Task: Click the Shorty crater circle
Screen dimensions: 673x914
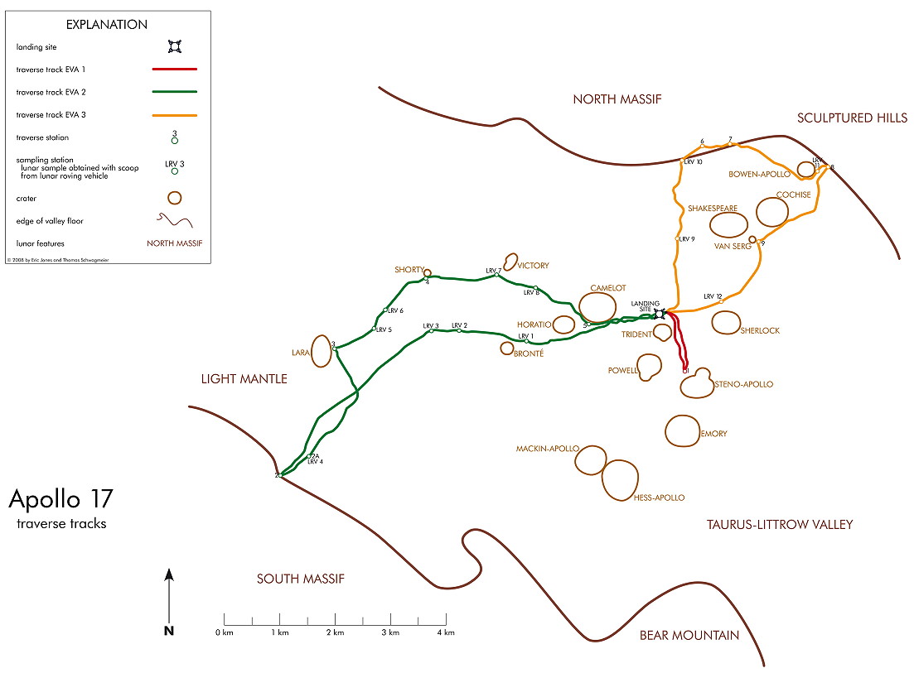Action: pos(428,272)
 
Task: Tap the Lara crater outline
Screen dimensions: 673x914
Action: pos(322,350)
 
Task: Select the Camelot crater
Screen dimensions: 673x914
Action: pos(598,307)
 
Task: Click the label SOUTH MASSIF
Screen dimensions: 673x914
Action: pos(300,579)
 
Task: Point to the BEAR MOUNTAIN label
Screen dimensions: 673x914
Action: pos(689,636)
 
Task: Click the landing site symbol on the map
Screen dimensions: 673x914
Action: pos(660,313)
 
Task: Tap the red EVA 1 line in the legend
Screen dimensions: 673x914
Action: pos(174,70)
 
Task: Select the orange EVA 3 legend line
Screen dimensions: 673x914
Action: pos(174,115)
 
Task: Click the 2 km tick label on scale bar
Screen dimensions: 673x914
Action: pos(335,632)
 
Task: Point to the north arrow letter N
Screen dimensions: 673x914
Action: pos(168,631)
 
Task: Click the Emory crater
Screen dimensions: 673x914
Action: pos(683,430)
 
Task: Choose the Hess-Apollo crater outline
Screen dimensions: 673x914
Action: pos(620,480)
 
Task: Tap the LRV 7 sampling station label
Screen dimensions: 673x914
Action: pos(494,271)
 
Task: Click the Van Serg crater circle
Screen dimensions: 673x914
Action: pos(752,240)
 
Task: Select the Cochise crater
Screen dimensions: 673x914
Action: pos(772,213)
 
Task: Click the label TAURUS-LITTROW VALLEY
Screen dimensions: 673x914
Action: pos(779,524)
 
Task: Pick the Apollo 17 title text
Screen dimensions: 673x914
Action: pos(60,499)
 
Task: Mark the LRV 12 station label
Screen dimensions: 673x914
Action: pos(713,296)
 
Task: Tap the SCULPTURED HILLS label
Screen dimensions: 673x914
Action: pos(846,118)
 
